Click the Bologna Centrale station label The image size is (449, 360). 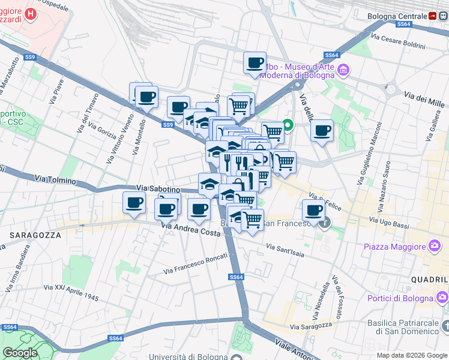tap(397, 16)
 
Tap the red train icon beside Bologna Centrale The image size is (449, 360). tap(433, 16)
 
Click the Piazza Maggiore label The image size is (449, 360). tap(394, 246)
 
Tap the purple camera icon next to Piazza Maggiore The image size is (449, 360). tap(434, 246)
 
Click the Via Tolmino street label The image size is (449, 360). tap(56, 180)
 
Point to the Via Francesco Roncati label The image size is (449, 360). tap(197, 265)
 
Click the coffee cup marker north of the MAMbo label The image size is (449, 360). tap(255, 62)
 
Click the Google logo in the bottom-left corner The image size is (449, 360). tap(20, 352)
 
